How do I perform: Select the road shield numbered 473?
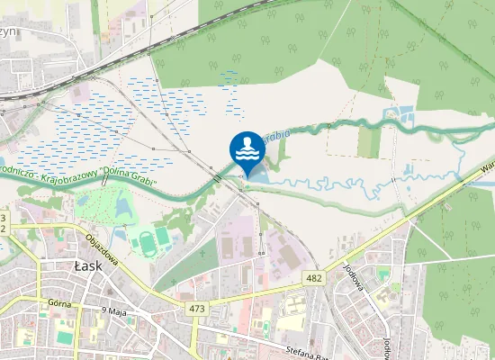pos(198,309)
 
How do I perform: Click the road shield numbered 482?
pos(313,277)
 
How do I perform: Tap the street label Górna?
pos(60,304)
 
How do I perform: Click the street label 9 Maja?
pos(115,310)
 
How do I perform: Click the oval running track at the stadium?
pos(146,240)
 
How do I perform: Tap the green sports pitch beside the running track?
pos(163,237)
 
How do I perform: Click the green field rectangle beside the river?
pos(369,141)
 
